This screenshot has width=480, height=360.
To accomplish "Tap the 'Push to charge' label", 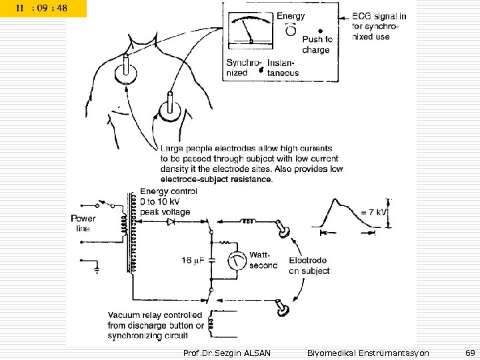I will coord(317,45).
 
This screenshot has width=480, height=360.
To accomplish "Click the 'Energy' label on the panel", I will coord(291,15).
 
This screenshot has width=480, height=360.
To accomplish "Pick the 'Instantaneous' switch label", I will coord(283,68).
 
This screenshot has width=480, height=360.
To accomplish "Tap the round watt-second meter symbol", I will coord(235,261).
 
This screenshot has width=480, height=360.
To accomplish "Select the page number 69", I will coord(469,351).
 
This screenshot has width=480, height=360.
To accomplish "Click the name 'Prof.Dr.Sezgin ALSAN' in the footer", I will coord(226,351).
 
